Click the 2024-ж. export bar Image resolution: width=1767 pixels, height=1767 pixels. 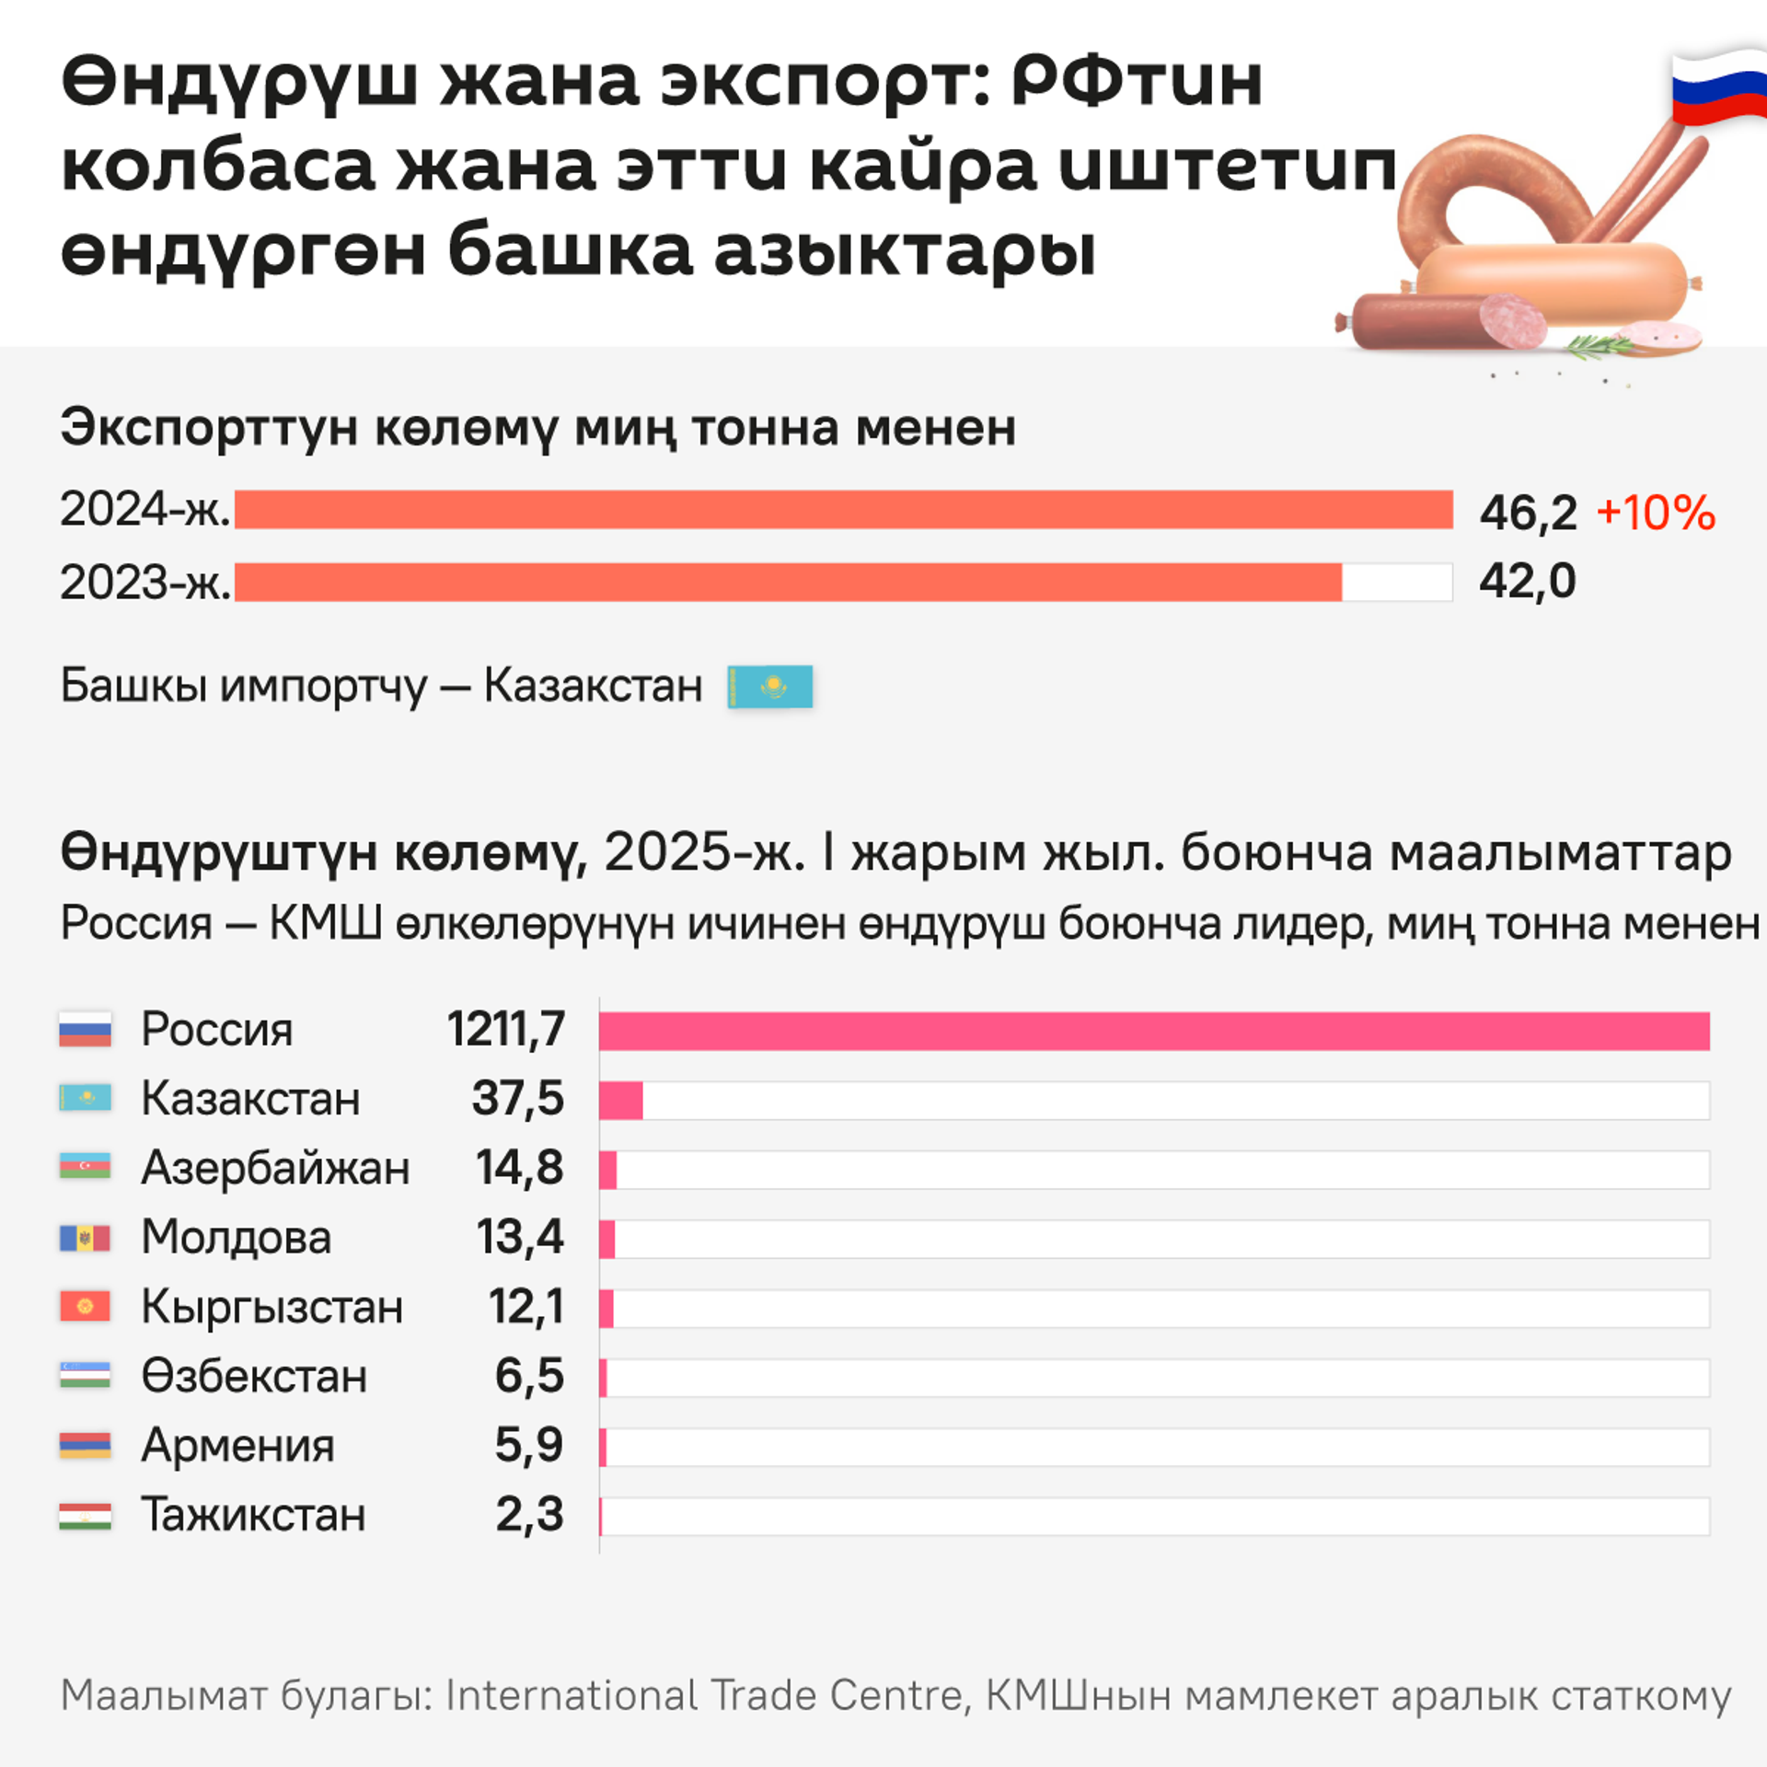pyautogui.click(x=843, y=510)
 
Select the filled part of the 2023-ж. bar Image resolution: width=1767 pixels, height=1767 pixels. pyautogui.click(x=788, y=583)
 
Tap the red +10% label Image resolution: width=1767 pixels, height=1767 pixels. pyautogui.click(x=1656, y=513)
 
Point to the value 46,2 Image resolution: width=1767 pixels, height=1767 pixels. pyautogui.click(x=1528, y=513)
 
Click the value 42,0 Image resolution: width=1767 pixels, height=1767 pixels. pyautogui.click(x=1528, y=582)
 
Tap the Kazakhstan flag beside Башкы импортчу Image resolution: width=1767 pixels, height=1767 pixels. pyautogui.click(x=769, y=687)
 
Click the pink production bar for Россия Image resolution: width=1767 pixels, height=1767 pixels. pyautogui.click(x=1154, y=1031)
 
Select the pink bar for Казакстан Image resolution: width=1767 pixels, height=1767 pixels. pyautogui.click(x=620, y=1101)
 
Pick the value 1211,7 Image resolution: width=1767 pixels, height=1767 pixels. pyautogui.click(x=506, y=1029)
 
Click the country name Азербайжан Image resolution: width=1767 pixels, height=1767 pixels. pyautogui.click(x=275, y=1168)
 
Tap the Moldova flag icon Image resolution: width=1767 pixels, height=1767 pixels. pyautogui.click(x=85, y=1238)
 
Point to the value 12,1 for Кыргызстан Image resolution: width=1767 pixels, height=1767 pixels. pyautogui.click(x=525, y=1307)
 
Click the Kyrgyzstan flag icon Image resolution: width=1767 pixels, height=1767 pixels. pyautogui.click(x=85, y=1307)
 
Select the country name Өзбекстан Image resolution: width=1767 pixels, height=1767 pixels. pyautogui.click(x=254, y=1377)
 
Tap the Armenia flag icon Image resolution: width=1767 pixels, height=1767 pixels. pyautogui.click(x=85, y=1446)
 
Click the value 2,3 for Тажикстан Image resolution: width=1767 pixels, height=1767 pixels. pyautogui.click(x=529, y=1515)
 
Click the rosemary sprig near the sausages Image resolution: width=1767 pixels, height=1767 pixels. pyautogui.click(x=1601, y=347)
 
